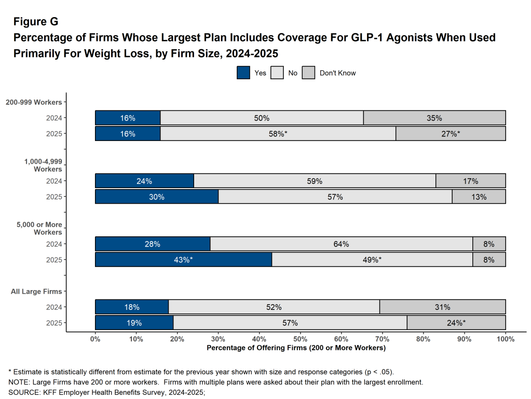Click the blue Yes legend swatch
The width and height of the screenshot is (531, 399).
[243, 73]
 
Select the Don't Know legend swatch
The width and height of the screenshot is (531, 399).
[309, 73]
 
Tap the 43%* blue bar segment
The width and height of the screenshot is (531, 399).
[183, 260]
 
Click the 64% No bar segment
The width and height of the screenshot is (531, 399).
[341, 244]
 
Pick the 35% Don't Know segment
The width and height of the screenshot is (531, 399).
[434, 118]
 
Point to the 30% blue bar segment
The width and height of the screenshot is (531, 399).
[157, 197]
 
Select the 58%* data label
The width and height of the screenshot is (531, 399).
[278, 134]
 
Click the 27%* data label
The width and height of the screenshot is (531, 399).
[451, 134]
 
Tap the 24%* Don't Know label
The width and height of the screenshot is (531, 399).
[456, 323]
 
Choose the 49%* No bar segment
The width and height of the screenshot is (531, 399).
[372, 260]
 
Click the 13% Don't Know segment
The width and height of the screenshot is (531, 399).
[479, 197]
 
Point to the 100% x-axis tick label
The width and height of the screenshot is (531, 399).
[506, 339]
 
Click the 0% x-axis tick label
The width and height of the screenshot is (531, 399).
[96, 339]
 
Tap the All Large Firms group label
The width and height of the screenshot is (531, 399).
[36, 292]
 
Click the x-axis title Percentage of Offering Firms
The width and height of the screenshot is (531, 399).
[296, 348]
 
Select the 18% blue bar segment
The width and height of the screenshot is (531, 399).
[132, 307]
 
